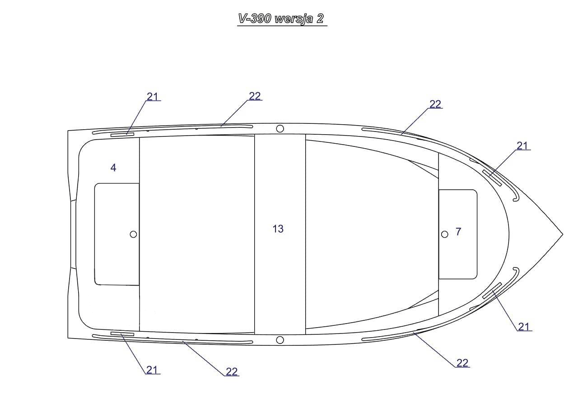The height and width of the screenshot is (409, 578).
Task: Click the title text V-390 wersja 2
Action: [281, 19]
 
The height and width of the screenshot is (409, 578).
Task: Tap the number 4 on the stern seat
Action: [113, 168]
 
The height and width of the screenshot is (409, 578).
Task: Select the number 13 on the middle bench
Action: [278, 229]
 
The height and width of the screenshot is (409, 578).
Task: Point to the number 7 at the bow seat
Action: [458, 231]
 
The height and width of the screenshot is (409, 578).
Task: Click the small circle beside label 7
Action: [445, 235]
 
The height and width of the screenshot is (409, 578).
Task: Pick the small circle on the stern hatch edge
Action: [133, 234]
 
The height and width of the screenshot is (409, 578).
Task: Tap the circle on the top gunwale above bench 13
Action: [280, 129]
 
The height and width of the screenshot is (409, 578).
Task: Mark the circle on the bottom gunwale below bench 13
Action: [280, 340]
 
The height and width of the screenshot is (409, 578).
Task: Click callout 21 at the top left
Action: [153, 97]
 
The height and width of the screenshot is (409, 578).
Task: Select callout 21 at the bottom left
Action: [152, 370]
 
